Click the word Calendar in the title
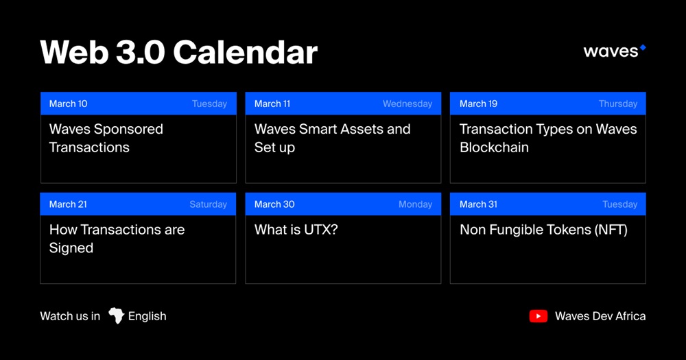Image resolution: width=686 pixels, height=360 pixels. click(246, 53)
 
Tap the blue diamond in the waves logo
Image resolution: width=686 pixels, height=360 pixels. click(643, 48)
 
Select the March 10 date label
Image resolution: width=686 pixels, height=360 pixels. click(68, 104)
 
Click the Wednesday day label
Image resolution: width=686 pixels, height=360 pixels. click(407, 104)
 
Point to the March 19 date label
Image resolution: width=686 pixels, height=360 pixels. click(478, 104)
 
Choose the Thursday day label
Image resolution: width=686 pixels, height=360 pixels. click(618, 104)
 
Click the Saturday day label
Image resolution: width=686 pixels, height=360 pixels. click(209, 204)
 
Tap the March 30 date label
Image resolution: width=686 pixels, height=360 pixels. click(274, 204)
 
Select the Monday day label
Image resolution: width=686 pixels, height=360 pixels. click(415, 204)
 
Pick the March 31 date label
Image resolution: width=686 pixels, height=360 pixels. click(478, 204)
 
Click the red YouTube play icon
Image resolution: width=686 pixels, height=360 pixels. click(538, 316)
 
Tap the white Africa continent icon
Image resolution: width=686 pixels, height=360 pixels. click(117, 315)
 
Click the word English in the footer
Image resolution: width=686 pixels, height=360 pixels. click(147, 316)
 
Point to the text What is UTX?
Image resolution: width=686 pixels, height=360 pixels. click(296, 230)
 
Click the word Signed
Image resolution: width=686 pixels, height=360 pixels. click(71, 248)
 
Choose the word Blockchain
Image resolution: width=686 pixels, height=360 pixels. click(494, 147)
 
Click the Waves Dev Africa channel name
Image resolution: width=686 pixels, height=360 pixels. click(600, 316)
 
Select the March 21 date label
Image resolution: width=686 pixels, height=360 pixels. click(68, 204)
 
